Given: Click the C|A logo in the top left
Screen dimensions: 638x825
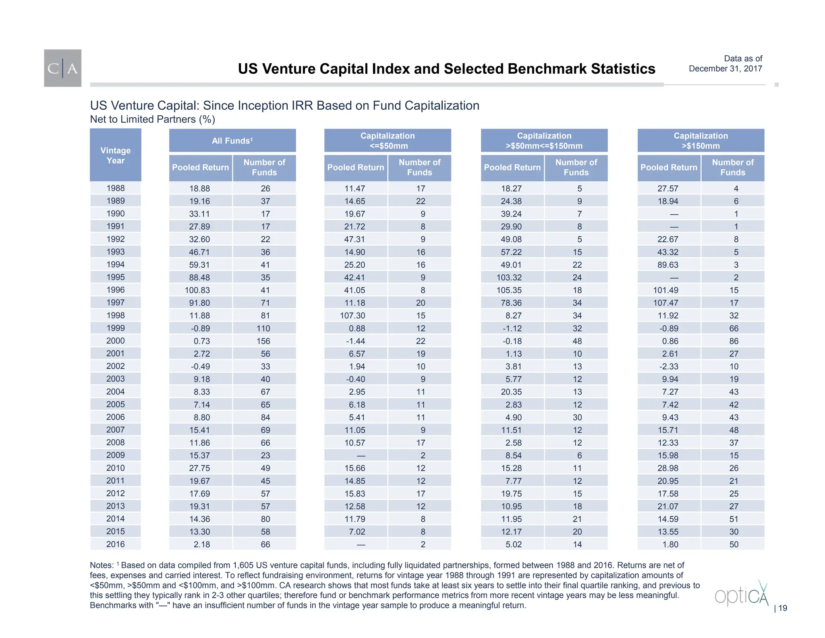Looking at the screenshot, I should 62,68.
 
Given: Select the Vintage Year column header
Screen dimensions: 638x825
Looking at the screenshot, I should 115,155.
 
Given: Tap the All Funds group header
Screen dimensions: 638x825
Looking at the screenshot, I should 232,141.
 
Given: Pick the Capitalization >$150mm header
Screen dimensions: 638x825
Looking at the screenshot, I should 701,141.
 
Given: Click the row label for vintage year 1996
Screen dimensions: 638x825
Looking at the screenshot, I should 115,290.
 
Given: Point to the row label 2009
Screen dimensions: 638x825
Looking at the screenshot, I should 115,455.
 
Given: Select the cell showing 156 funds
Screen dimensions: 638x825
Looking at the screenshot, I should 263,341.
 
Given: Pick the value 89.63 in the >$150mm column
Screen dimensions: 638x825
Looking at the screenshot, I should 668,265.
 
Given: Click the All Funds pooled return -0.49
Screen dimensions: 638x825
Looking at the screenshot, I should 200,367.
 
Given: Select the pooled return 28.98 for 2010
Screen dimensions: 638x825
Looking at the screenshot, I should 668,468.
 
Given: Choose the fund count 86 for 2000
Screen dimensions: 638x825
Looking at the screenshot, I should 734,341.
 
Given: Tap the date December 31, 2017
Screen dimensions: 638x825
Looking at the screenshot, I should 725,69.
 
